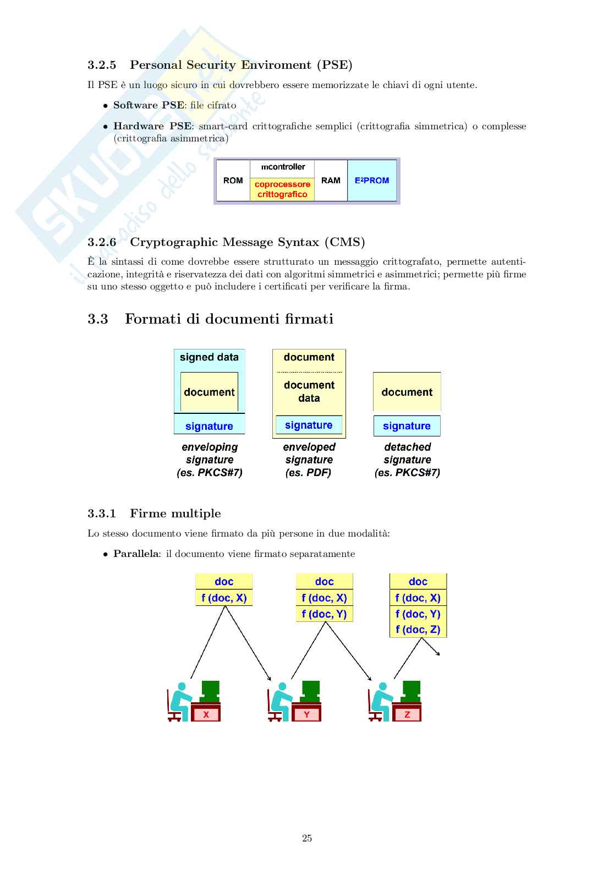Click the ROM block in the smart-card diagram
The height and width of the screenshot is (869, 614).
pos(233,181)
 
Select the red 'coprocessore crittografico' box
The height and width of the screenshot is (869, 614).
pos(282,189)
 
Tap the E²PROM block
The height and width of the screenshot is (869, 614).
pos(372,181)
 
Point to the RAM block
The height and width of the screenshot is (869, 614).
pos(331,181)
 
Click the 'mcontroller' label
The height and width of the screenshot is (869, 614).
pos(283,167)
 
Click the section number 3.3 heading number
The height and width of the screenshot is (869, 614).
pos(98,319)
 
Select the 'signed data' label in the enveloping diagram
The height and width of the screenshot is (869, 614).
pos(209,357)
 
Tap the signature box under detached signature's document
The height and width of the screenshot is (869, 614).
pos(407,426)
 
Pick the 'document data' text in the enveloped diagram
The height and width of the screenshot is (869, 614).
pos(309,391)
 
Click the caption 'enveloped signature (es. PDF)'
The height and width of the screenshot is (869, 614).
pos(309,460)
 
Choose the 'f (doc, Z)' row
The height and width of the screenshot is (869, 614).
pos(418,630)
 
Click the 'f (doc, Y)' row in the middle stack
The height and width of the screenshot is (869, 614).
pos(324,614)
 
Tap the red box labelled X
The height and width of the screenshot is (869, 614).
pos(206,714)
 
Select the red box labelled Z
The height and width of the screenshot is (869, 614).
pos(407,714)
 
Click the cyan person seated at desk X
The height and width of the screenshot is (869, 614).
pos(179,700)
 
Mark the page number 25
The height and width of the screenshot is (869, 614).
pos(307,838)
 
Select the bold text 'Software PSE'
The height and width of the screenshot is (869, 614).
pos(149,105)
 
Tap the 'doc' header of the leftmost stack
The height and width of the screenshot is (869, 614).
pos(224,582)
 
